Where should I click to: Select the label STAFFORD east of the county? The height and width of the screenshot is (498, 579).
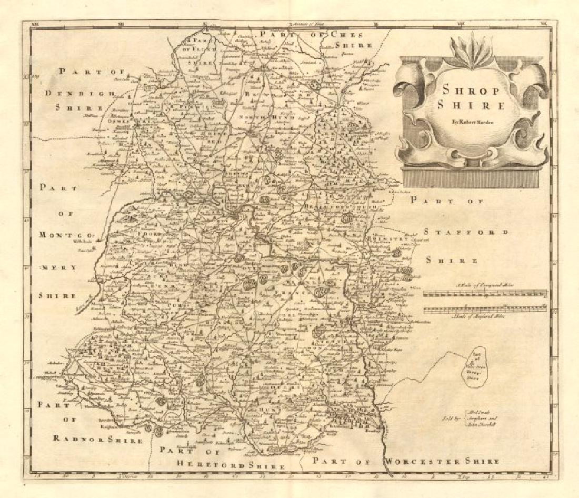coord(466,232)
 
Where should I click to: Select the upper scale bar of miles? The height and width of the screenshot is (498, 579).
coord(485,294)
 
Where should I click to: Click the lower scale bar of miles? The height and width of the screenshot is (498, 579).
coord(485,310)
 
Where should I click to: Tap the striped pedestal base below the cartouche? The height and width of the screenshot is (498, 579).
coord(470,179)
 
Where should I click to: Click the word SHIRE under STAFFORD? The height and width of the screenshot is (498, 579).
coord(452,261)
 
